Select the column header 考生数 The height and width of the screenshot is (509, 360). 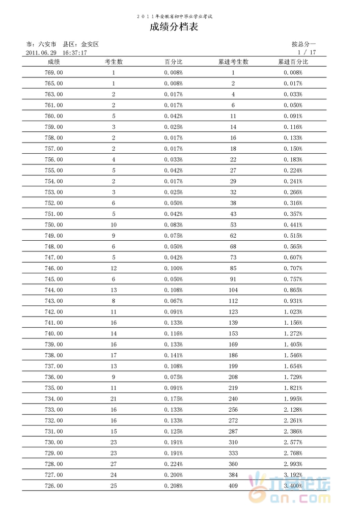[114, 62]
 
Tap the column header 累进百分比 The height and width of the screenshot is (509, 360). [293, 62]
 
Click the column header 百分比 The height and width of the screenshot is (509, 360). [173, 62]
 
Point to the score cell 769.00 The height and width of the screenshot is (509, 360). [53, 73]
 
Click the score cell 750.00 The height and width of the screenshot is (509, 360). [53, 225]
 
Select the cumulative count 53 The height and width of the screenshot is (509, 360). [233, 225]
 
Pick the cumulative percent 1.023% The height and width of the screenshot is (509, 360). [293, 312]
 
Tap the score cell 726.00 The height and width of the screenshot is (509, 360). [53, 486]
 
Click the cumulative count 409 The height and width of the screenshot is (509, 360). [233, 486]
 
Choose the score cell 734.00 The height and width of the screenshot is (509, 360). [53, 399]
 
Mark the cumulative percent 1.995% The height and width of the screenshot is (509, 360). [293, 399]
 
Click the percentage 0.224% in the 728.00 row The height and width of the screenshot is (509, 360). [173, 464]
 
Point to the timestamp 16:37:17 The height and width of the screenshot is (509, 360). [75, 52]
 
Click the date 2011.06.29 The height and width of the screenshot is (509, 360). [40, 52]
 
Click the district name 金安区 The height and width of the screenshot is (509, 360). [90, 44]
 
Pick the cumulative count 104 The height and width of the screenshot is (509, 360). [233, 290]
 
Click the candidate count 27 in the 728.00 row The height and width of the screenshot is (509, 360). [114, 464]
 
